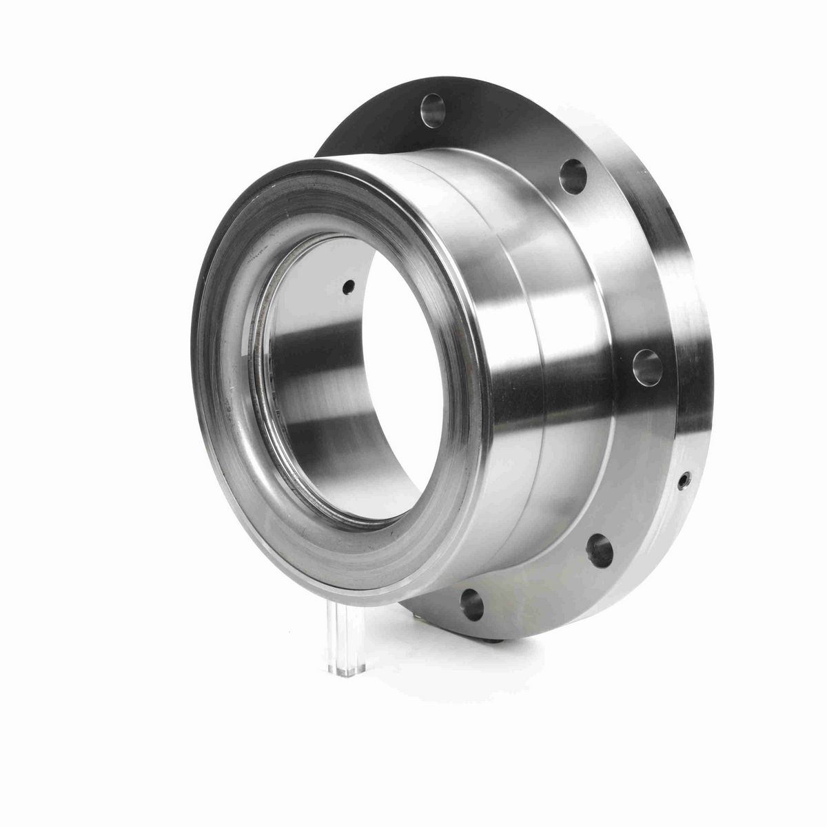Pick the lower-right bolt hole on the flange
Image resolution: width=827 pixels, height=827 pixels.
[x=600, y=549]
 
